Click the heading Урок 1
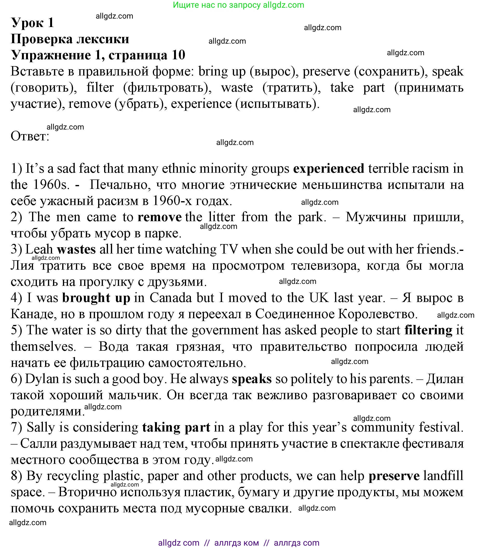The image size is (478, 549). point(33,23)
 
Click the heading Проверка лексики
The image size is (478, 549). point(70,39)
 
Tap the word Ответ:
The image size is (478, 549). point(30,136)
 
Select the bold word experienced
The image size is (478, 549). point(328,169)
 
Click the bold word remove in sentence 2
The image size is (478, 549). point(160,217)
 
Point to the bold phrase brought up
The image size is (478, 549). point(96,298)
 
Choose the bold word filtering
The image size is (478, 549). point(428,330)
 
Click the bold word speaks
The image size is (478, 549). point(252,379)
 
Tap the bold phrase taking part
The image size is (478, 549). point(176,427)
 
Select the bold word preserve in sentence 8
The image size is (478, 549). point(394,476)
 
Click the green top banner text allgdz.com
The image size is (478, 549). point(283,5)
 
